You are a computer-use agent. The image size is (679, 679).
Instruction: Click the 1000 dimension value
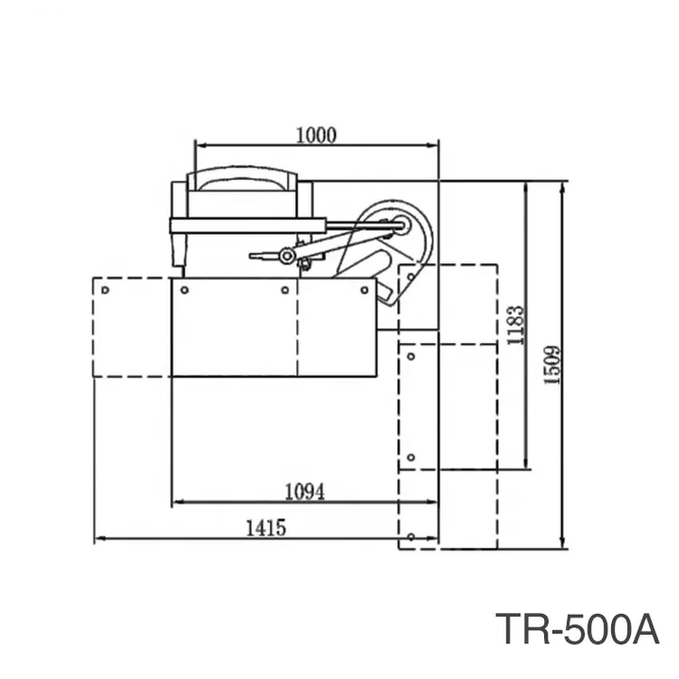(316, 135)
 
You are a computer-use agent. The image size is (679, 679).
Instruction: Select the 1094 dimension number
(305, 491)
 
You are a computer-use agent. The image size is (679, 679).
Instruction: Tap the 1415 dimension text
(266, 528)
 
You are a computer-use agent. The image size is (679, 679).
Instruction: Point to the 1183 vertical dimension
(515, 325)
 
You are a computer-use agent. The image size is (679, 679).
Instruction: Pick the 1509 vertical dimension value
(552, 365)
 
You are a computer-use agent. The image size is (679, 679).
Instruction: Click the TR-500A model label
(577, 629)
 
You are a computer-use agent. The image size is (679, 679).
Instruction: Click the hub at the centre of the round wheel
(402, 224)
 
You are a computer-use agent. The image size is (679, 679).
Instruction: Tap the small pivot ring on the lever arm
(287, 256)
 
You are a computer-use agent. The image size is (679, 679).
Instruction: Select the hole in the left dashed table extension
(106, 290)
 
